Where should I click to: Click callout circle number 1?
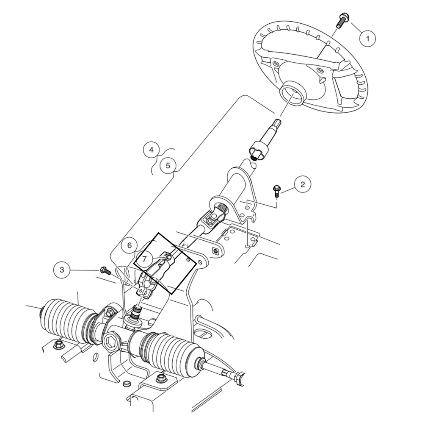367,39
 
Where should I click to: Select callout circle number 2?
302,184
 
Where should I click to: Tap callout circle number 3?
62,270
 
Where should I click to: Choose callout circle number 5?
168,165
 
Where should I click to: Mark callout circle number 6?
130,245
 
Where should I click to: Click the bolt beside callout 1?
341,21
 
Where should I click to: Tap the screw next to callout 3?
104,270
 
